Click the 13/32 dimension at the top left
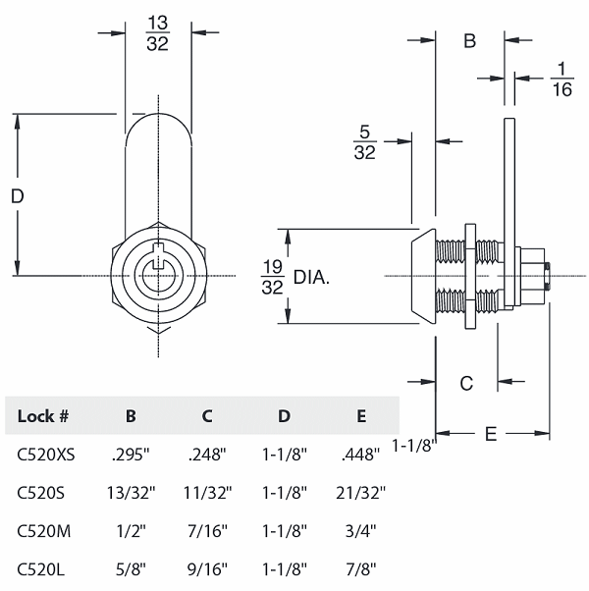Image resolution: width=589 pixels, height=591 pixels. (157, 32)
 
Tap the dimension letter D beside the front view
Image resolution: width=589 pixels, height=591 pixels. (17, 196)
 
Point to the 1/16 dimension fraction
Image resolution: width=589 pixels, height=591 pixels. (562, 79)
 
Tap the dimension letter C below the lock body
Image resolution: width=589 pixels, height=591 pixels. (467, 383)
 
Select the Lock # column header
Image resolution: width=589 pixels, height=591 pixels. (43, 416)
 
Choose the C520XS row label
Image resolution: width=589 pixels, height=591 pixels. (46, 455)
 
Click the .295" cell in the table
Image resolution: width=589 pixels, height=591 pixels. (131, 455)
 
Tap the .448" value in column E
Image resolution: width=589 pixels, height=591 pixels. (361, 455)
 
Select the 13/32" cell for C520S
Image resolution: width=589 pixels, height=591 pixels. (131, 493)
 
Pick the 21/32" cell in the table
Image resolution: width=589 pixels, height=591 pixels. (361, 493)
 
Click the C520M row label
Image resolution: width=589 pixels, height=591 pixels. (44, 531)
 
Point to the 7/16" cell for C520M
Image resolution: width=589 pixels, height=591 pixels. (207, 531)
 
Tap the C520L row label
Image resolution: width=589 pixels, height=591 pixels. (43, 569)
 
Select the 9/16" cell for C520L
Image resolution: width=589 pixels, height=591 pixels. (207, 569)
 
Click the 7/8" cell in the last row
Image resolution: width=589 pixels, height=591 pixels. (361, 569)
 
